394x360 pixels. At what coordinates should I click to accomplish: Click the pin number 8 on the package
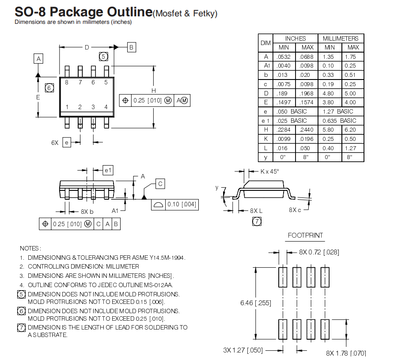[67, 82]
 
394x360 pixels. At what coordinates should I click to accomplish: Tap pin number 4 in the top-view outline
[106, 107]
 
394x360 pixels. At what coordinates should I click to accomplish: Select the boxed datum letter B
[132, 47]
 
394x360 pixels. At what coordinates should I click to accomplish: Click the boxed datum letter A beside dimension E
[38, 59]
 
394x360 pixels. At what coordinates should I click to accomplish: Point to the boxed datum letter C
[160, 184]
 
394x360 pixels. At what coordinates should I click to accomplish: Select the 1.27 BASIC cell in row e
[338, 111]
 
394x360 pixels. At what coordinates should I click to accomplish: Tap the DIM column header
[265, 43]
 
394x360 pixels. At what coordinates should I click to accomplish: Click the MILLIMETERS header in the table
[341, 38]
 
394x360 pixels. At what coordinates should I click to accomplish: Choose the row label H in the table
[266, 130]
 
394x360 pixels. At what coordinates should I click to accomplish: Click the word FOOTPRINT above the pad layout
[305, 235]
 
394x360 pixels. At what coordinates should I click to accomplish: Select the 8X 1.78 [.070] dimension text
[346, 353]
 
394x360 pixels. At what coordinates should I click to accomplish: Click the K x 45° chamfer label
[269, 171]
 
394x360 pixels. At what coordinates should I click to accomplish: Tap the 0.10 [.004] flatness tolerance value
[181, 205]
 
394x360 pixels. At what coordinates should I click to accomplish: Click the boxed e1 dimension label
[108, 170]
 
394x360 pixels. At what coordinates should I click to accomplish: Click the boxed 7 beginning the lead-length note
[21, 327]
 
